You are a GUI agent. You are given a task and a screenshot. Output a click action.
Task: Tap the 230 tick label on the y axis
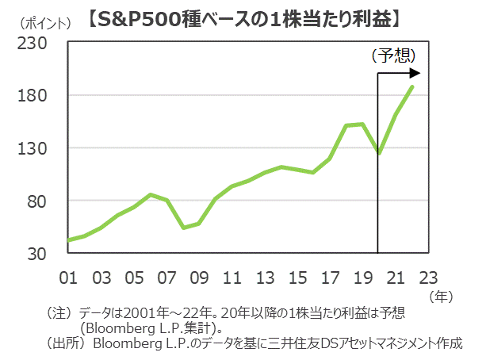click(36, 43)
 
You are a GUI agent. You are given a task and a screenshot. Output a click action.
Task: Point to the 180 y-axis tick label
click(36, 96)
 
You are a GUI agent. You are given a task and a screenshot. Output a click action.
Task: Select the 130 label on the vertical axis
click(36, 148)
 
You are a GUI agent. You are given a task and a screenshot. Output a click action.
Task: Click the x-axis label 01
click(68, 278)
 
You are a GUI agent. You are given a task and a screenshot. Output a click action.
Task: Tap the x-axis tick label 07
click(167, 278)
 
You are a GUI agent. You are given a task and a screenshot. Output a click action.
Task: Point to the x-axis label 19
click(363, 278)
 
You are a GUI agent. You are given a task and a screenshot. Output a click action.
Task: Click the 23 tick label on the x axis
click(429, 278)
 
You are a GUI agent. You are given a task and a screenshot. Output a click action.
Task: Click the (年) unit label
click(441, 297)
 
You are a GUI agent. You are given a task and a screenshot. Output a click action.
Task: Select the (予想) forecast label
click(393, 56)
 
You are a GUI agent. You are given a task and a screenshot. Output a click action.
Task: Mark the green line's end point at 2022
click(413, 86)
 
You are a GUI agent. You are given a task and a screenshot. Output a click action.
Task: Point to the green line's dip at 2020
click(380, 153)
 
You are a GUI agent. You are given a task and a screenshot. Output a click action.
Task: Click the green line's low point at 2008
click(183, 228)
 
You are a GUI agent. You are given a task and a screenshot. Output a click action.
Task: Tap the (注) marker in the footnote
click(61, 313)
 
